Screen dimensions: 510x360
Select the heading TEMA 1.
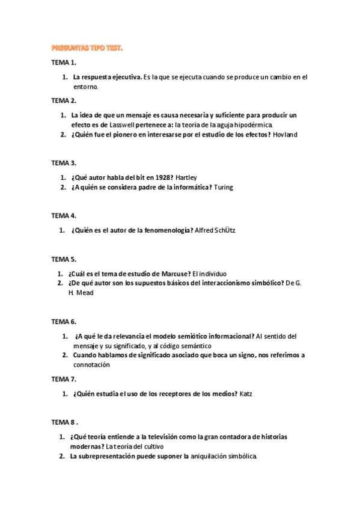pyautogui.click(x=64, y=63)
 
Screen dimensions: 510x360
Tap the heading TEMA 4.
pyautogui.click(x=64, y=215)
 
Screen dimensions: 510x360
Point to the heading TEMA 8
pyautogui.click(x=64, y=422)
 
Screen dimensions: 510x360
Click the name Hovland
pyautogui.click(x=285, y=135)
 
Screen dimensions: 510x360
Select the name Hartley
pyautogui.click(x=186, y=177)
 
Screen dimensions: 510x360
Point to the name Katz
pyautogui.click(x=246, y=394)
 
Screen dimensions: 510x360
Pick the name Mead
pyautogui.click(x=85, y=293)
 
